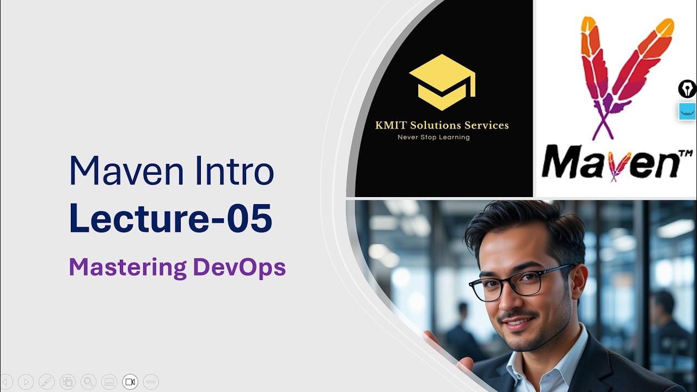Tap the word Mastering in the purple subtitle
pyautogui.click(x=127, y=267)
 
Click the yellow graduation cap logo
pyautogui.click(x=442, y=82)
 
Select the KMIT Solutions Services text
pyautogui.click(x=442, y=125)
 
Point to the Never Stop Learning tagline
pyautogui.click(x=433, y=137)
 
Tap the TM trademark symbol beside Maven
pyautogui.click(x=685, y=154)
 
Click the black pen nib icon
pyautogui.click(x=687, y=89)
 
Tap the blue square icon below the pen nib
pyautogui.click(x=687, y=111)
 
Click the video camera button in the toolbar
pyautogui.click(x=130, y=382)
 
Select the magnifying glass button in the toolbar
pyautogui.click(x=88, y=382)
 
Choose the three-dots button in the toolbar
pyautogui.click(x=151, y=382)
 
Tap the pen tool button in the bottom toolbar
pyautogui.click(x=47, y=382)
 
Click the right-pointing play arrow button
pyautogui.click(x=26, y=382)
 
